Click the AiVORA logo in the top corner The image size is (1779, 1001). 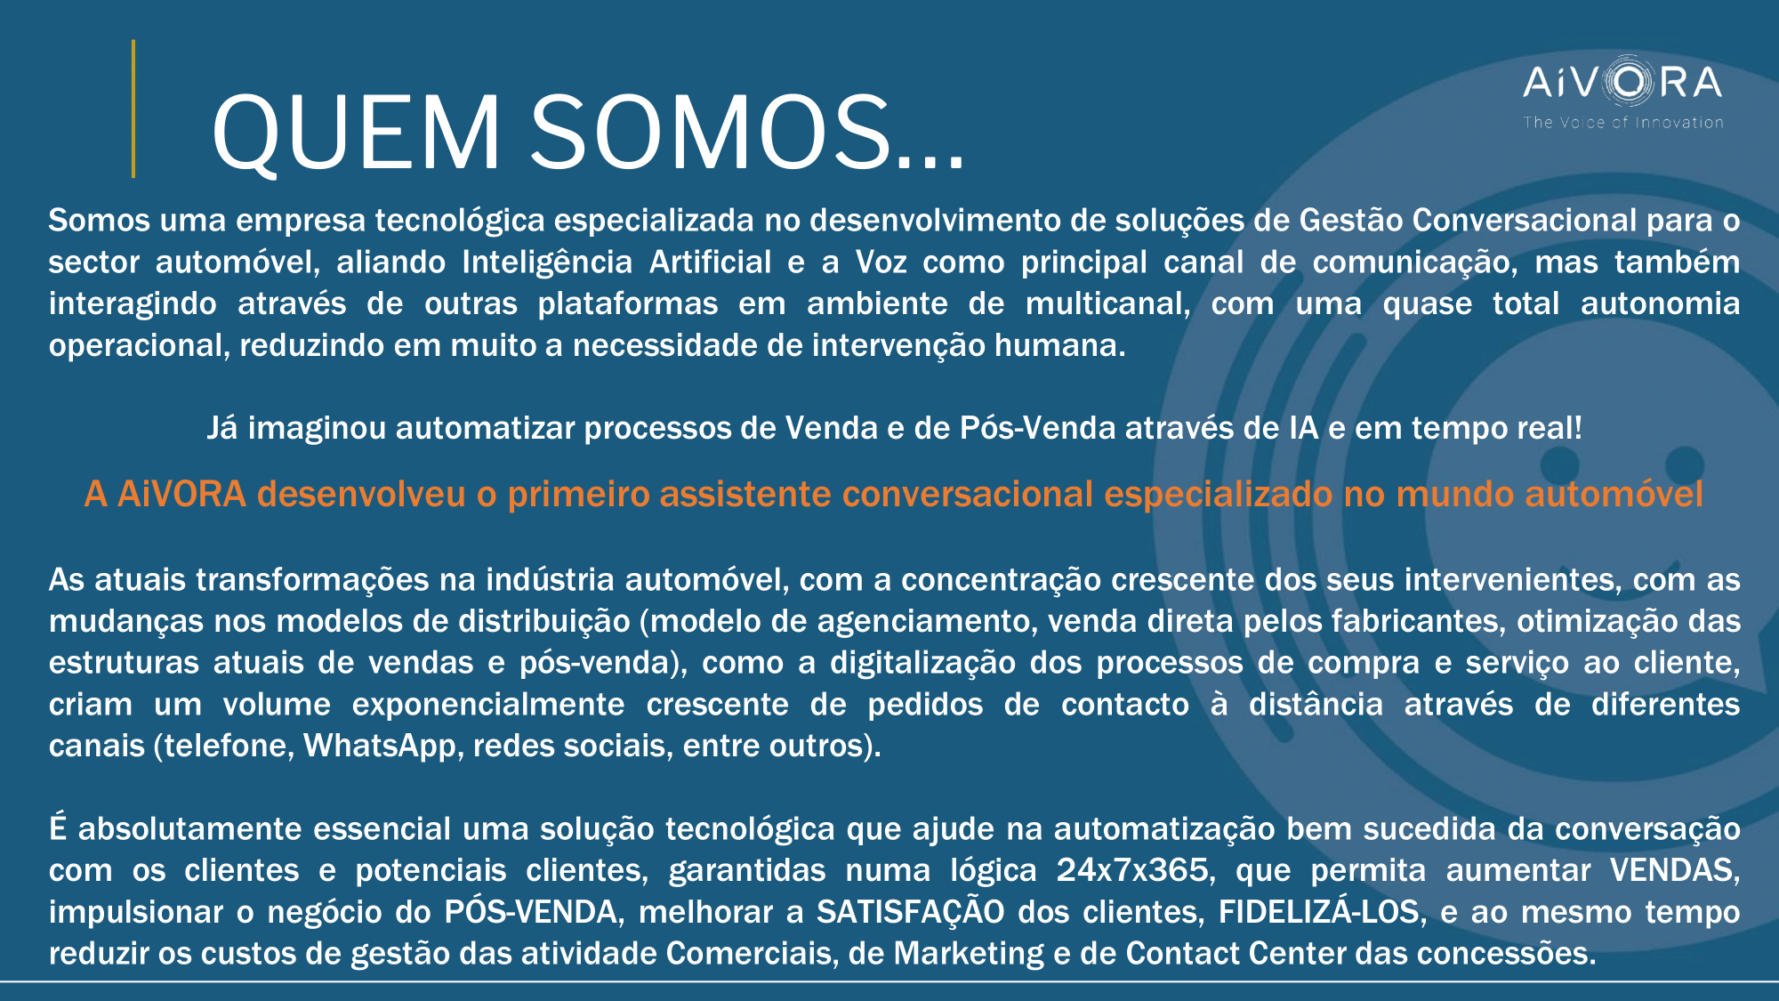pos(1622,83)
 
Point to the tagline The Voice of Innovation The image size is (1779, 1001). pos(1623,123)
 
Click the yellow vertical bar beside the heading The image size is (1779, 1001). pos(133,109)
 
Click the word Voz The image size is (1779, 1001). pos(881,262)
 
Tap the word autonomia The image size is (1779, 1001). pos(1660,304)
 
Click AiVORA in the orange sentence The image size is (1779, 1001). pos(181,495)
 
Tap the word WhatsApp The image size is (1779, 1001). pos(380,746)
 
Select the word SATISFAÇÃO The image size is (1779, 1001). pos(911,911)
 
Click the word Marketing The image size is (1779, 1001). pos(969,954)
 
